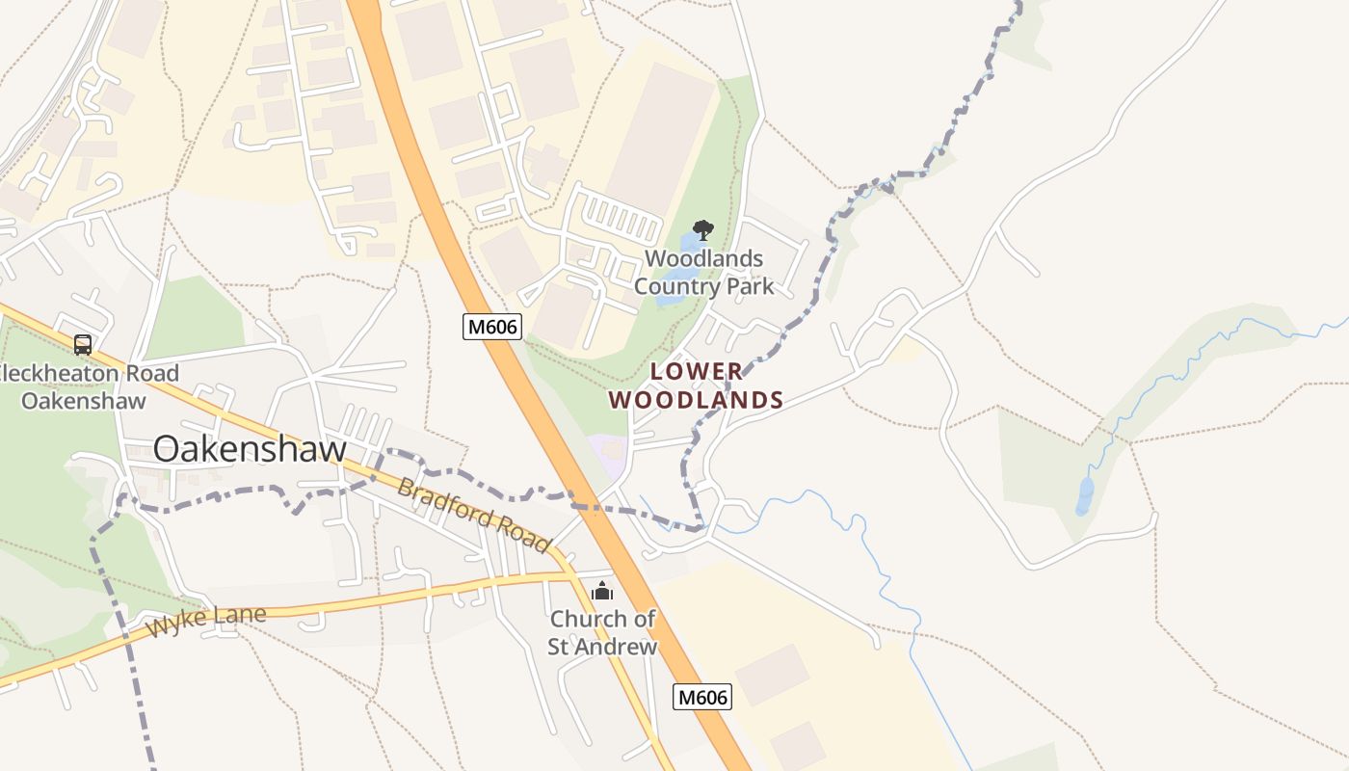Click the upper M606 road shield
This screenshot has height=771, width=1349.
(492, 327)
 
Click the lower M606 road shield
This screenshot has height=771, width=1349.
(701, 697)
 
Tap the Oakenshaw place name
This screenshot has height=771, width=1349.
(250, 449)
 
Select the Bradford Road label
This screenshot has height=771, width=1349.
(474, 516)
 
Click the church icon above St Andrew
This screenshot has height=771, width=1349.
(602, 591)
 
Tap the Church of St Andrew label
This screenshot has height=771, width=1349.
(602, 632)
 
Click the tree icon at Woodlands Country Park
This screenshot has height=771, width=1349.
(703, 230)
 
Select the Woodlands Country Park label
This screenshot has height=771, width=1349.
(703, 273)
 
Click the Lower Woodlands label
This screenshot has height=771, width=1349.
(696, 385)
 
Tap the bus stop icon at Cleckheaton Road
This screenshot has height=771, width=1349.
(83, 344)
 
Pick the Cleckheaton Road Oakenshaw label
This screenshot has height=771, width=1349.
(85, 386)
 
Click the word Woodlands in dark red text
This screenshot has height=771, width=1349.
(696, 400)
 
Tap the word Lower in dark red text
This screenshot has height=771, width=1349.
(696, 371)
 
